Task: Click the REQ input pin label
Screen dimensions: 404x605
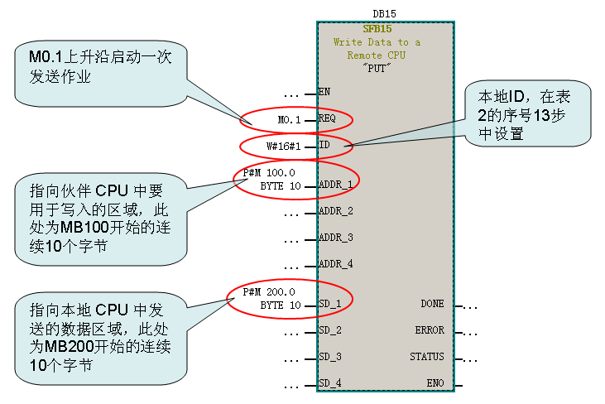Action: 329,119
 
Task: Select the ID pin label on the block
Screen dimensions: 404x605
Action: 324,146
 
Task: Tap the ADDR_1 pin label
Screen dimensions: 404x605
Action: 336,184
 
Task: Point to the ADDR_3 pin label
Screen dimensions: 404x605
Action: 336,238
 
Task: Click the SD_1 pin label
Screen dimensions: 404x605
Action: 331,304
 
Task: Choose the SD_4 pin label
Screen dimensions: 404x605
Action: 331,383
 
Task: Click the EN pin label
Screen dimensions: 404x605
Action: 324,91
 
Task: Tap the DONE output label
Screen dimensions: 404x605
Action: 432,304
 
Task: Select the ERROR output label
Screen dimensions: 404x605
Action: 430,330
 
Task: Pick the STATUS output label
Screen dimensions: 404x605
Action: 427,357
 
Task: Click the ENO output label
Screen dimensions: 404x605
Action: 435,383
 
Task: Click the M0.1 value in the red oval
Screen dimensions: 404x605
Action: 289,120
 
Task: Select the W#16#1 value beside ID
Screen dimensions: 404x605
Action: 282,147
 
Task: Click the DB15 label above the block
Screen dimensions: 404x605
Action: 385,14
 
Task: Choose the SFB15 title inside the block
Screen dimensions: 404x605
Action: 377,29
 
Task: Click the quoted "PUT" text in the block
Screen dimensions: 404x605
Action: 377,68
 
